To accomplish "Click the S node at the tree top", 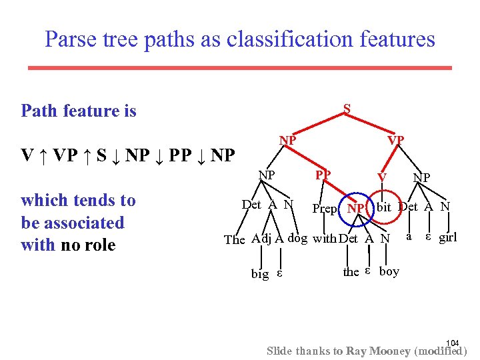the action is click(x=347, y=109).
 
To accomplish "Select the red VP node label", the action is click(x=396, y=140).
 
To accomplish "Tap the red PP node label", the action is click(x=323, y=175).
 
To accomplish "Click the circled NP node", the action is click(x=356, y=209).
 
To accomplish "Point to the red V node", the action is click(x=382, y=177).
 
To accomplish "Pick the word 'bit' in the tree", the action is click(x=384, y=207).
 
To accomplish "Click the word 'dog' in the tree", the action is click(x=297, y=238).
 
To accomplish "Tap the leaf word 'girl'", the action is click(x=448, y=237).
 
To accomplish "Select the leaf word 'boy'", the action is click(x=389, y=271).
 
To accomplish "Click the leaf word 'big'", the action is click(x=260, y=273).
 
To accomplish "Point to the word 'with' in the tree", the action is click(x=325, y=238).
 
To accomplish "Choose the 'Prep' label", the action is click(x=325, y=209).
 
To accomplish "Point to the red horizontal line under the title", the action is click(x=239, y=67).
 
